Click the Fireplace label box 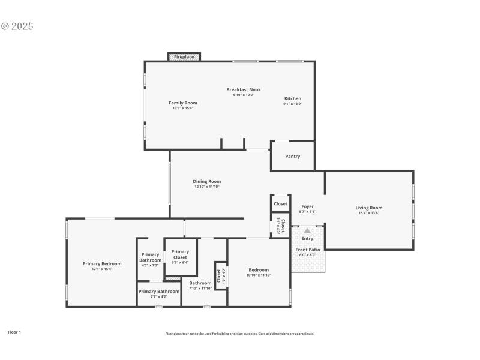[184, 57]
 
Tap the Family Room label [182, 103]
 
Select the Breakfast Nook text [244, 89]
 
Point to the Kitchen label [292, 98]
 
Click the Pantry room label [292, 157]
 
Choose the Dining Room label [207, 181]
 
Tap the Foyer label [307, 206]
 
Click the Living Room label [369, 208]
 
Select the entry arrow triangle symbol [307, 230]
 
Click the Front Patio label [307, 250]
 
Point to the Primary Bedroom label [102, 263]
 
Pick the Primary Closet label [180, 254]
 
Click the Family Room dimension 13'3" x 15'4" [182, 108]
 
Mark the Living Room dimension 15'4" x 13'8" [369, 213]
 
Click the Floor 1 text [14, 332]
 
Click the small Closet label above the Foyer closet [280, 203]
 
